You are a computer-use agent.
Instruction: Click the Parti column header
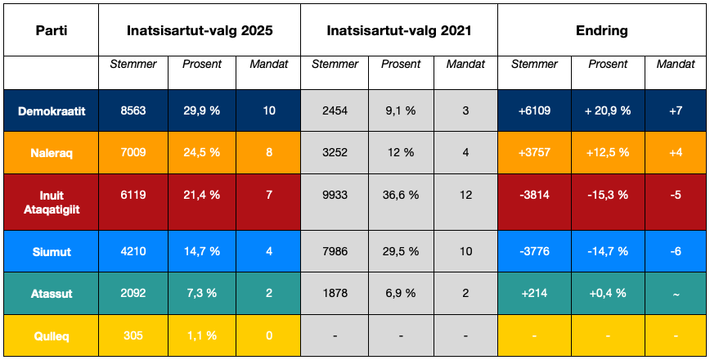tap(52, 30)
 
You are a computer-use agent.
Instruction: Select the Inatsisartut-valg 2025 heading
tap(200, 30)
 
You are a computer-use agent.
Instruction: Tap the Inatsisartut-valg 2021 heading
tap(399, 30)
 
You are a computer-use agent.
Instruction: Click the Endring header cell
tap(601, 30)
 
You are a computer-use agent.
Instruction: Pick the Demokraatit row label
tap(52, 110)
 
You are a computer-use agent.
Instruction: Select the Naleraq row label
tap(52, 152)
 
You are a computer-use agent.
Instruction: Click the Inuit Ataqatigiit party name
tap(52, 201)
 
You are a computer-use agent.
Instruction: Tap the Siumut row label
tap(52, 252)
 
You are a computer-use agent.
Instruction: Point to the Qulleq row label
tap(52, 335)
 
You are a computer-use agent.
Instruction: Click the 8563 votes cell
tap(133, 110)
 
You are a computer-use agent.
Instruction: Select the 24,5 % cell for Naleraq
tap(201, 152)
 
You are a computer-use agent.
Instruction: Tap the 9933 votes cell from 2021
tap(335, 195)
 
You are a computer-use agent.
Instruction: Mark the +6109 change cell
tap(534, 110)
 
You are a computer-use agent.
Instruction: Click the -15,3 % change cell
tap(607, 195)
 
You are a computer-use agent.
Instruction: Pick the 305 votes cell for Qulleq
tap(133, 335)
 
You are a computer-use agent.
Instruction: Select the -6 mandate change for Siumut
tap(675, 252)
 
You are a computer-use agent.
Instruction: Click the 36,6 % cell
tap(401, 195)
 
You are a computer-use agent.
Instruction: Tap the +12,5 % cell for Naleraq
tap(607, 152)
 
